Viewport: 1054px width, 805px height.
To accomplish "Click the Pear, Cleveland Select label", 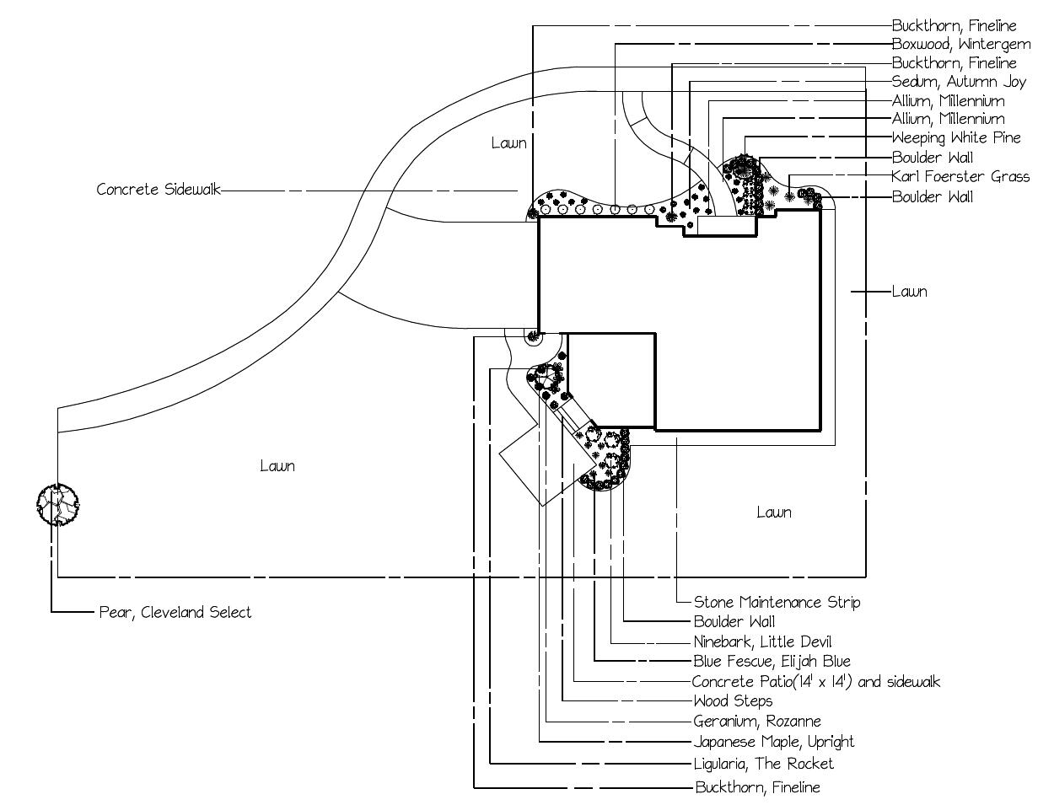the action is click(x=175, y=613).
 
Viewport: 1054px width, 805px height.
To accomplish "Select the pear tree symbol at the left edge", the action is click(x=57, y=505).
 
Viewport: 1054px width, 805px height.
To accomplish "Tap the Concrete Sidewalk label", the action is click(x=159, y=190).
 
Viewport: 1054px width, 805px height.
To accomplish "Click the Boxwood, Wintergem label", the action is click(x=961, y=45).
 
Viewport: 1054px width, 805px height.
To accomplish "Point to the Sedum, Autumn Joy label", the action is click(x=959, y=82).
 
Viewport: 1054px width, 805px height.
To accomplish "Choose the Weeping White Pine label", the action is click(x=956, y=138).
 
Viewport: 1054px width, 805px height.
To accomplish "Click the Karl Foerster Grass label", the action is click(x=960, y=177).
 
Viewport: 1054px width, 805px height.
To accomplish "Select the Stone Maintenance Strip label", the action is click(x=777, y=602).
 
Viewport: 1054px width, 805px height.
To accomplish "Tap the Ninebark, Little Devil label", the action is click(x=762, y=641).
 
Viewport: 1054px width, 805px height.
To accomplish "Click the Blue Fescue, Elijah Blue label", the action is click(x=772, y=662).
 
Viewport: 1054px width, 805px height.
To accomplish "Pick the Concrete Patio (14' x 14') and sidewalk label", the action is click(x=816, y=682).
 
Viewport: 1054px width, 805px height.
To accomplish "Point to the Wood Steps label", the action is click(x=734, y=701).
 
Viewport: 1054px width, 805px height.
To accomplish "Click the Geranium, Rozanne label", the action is click(x=757, y=721).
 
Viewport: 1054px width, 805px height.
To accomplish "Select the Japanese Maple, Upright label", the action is click(x=773, y=742).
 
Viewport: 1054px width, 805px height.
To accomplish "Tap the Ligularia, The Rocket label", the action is click(x=763, y=763).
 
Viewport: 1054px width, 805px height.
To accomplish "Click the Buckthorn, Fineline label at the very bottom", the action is click(x=758, y=787).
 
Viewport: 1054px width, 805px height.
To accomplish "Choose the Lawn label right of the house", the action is click(x=910, y=292).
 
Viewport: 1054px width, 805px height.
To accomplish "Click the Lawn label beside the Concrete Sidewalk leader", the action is click(x=509, y=143).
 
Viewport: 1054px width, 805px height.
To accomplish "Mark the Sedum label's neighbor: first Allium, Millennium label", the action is click(x=949, y=101).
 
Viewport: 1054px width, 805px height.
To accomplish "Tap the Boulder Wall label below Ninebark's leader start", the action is click(x=734, y=622).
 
